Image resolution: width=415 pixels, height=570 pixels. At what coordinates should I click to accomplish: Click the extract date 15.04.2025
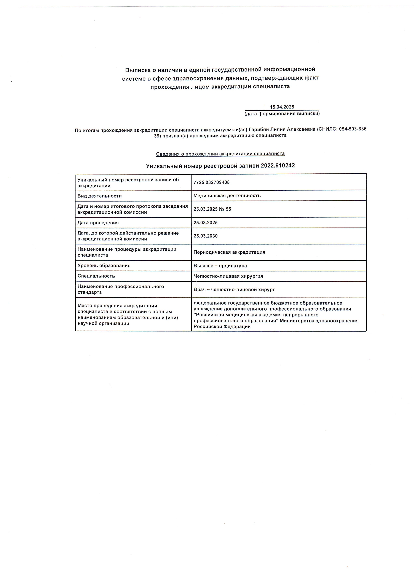pos(282,107)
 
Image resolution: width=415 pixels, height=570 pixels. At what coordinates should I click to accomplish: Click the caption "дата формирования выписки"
pos(282,114)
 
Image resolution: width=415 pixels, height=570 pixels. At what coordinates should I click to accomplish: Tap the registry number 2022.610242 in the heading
pos(278,166)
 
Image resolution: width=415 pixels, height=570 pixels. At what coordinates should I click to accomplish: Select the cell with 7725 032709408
pos(212,182)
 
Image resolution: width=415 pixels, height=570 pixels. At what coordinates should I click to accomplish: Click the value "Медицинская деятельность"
pos(227,196)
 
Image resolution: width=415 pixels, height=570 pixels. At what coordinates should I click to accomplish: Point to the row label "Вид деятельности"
pos(99,196)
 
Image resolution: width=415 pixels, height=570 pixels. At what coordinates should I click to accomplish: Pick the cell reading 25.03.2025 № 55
pos(212,209)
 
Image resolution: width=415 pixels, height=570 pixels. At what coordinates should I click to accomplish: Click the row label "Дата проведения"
pos(98,223)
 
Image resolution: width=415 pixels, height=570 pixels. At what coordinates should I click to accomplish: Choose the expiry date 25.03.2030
pos(206,236)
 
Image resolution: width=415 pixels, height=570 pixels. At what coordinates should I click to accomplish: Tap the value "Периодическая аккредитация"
pos(229,252)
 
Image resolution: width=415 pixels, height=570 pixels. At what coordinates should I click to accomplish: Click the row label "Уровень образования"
pos(104,266)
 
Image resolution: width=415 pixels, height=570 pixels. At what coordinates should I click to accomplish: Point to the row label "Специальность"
pos(96,276)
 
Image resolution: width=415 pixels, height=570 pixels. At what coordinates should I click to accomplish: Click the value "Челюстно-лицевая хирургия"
pos(228,276)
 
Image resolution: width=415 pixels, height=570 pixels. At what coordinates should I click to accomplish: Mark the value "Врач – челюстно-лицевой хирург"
pos(234,289)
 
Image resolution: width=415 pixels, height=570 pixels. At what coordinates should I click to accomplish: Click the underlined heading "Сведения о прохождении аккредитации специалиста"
pos(220,154)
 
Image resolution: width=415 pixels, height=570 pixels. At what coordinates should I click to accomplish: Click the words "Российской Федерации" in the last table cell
pos(222,327)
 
